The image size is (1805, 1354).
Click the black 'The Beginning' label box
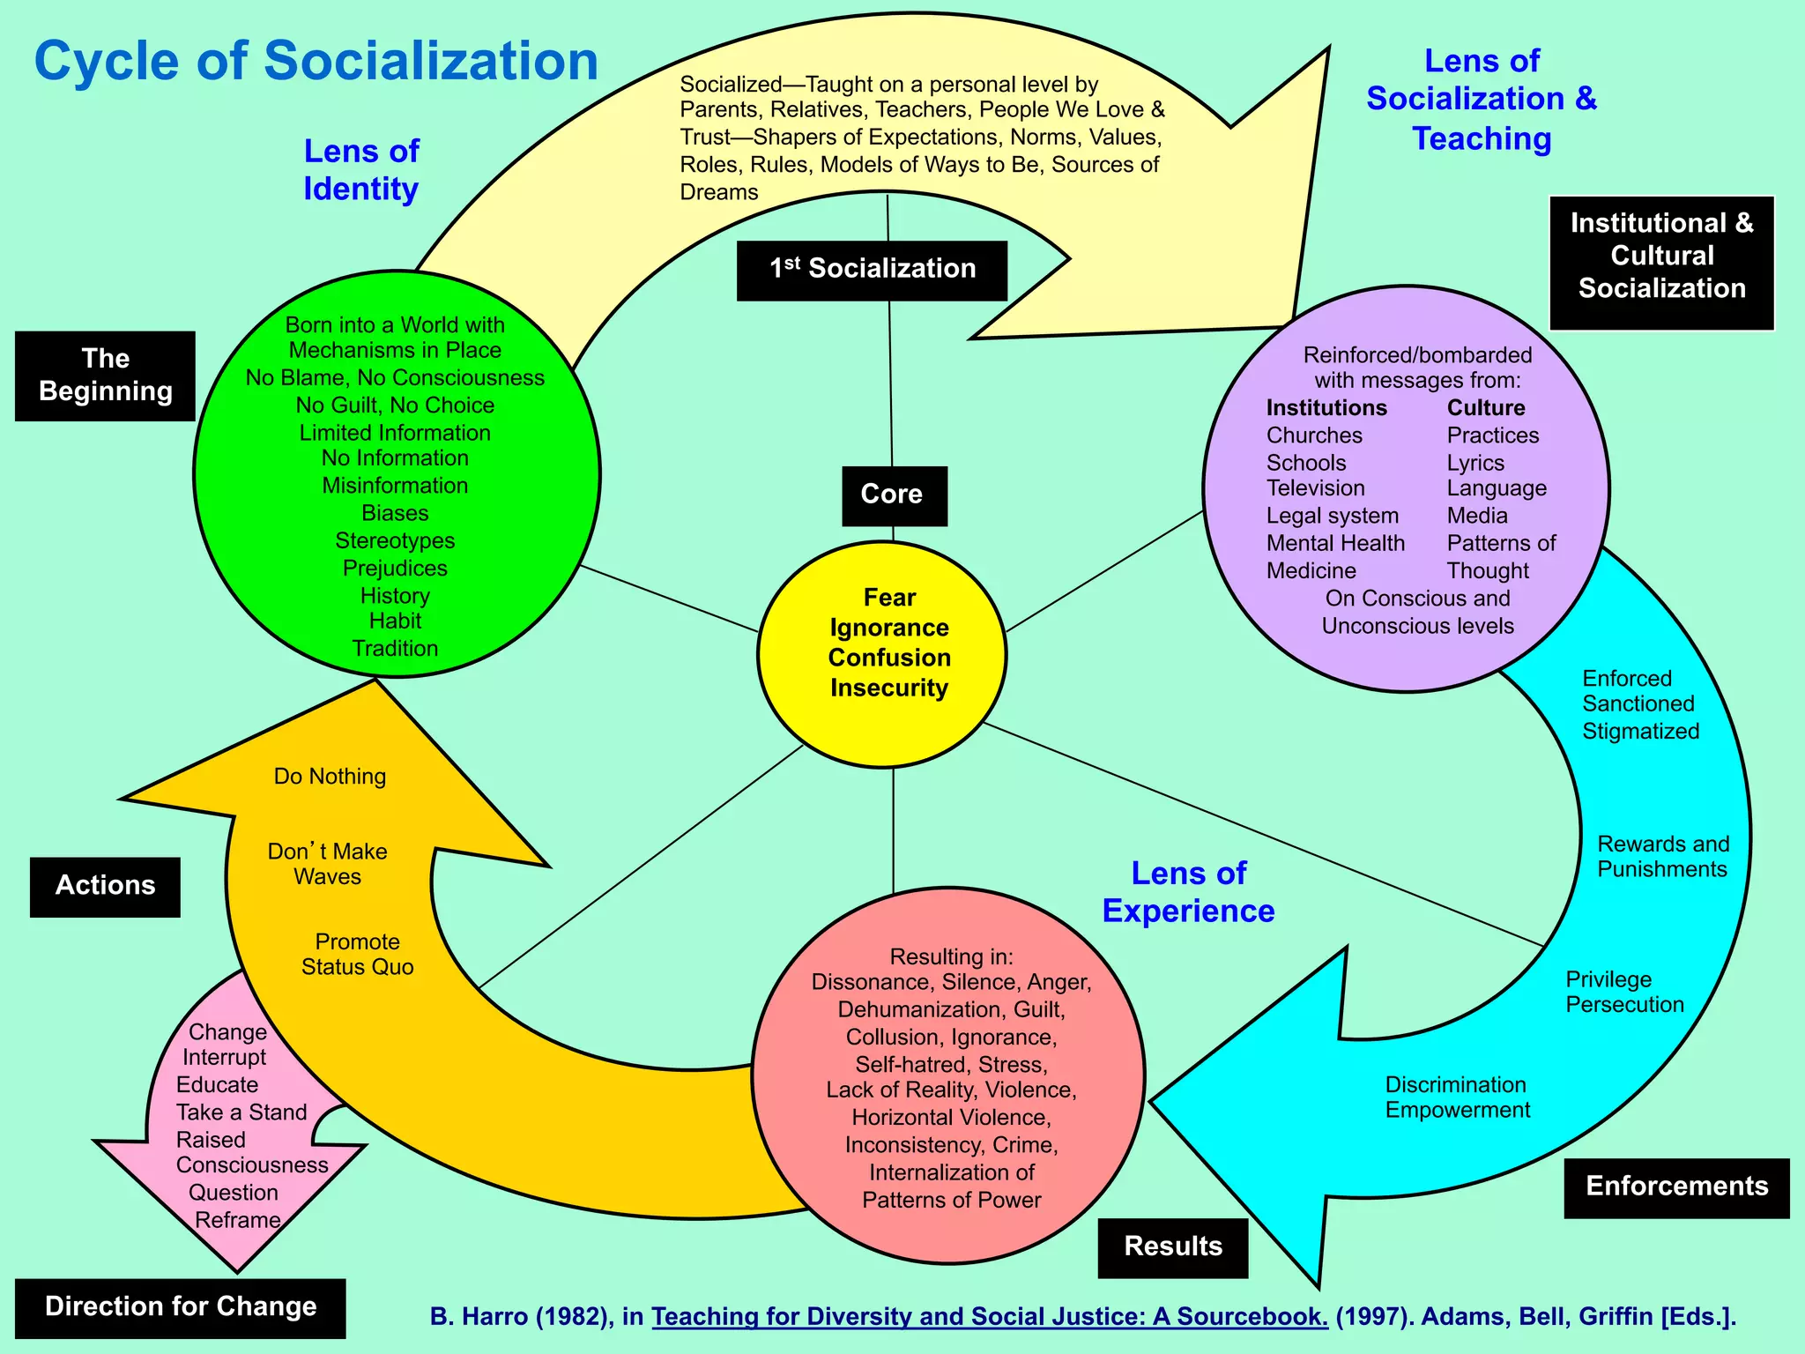click(x=105, y=376)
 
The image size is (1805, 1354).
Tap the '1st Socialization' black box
click(x=872, y=270)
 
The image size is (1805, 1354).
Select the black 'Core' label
click(x=893, y=495)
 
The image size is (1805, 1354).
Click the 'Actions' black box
click(x=105, y=886)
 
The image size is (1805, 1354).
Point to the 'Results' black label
click(x=1172, y=1246)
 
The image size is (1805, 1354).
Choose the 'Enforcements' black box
click(x=1675, y=1187)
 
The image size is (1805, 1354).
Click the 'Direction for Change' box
click(x=181, y=1306)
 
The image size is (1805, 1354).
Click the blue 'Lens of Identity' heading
click(x=361, y=170)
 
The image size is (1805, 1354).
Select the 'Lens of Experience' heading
click(x=1188, y=892)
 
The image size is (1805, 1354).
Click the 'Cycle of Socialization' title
click(x=316, y=62)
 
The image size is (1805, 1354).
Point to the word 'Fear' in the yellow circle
click(x=889, y=598)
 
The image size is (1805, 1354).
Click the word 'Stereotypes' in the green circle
click(x=395, y=540)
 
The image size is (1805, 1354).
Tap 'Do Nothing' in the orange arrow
click(x=330, y=777)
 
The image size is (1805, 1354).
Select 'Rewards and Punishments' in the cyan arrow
click(x=1662, y=857)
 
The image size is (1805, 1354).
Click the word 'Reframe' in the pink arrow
click(x=237, y=1220)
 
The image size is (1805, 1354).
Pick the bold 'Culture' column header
click(x=1486, y=408)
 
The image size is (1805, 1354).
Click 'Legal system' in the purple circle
click(x=1332, y=516)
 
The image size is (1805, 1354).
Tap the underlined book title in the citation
click(x=989, y=1316)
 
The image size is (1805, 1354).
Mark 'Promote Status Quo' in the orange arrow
click(x=357, y=955)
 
